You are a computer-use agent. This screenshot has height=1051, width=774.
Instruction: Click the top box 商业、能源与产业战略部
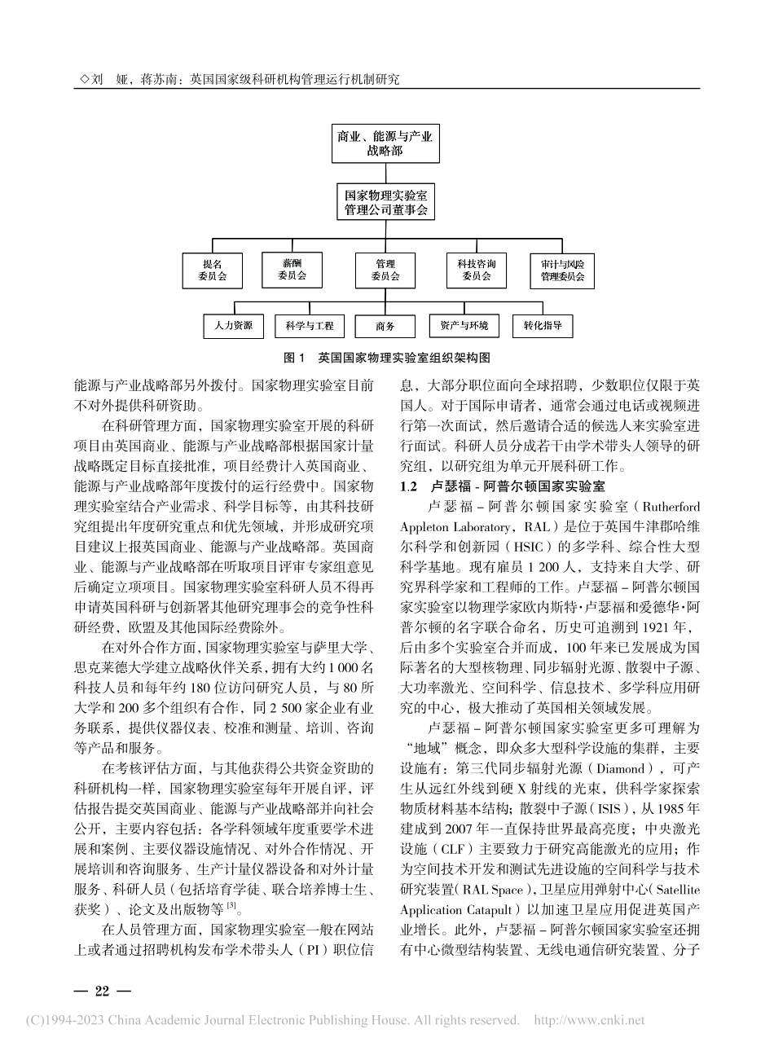click(x=385, y=143)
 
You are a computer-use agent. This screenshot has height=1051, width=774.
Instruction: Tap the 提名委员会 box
click(x=212, y=270)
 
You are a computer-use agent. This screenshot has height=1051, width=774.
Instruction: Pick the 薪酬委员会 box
click(x=292, y=269)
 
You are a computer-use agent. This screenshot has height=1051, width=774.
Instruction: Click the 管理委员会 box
click(x=385, y=270)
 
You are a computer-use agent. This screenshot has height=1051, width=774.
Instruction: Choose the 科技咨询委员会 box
click(x=477, y=270)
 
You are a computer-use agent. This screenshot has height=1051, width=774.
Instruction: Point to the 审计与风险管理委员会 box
click(x=562, y=270)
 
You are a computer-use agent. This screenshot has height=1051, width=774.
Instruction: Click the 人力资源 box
click(x=234, y=326)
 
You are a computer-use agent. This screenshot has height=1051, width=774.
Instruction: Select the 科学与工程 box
click(x=310, y=327)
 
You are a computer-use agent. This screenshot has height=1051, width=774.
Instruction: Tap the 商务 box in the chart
click(x=385, y=327)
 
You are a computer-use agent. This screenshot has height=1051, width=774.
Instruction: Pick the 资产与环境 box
click(x=464, y=326)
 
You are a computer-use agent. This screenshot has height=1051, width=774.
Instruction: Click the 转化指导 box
click(x=543, y=326)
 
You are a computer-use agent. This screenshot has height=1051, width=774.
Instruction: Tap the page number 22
click(x=102, y=991)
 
